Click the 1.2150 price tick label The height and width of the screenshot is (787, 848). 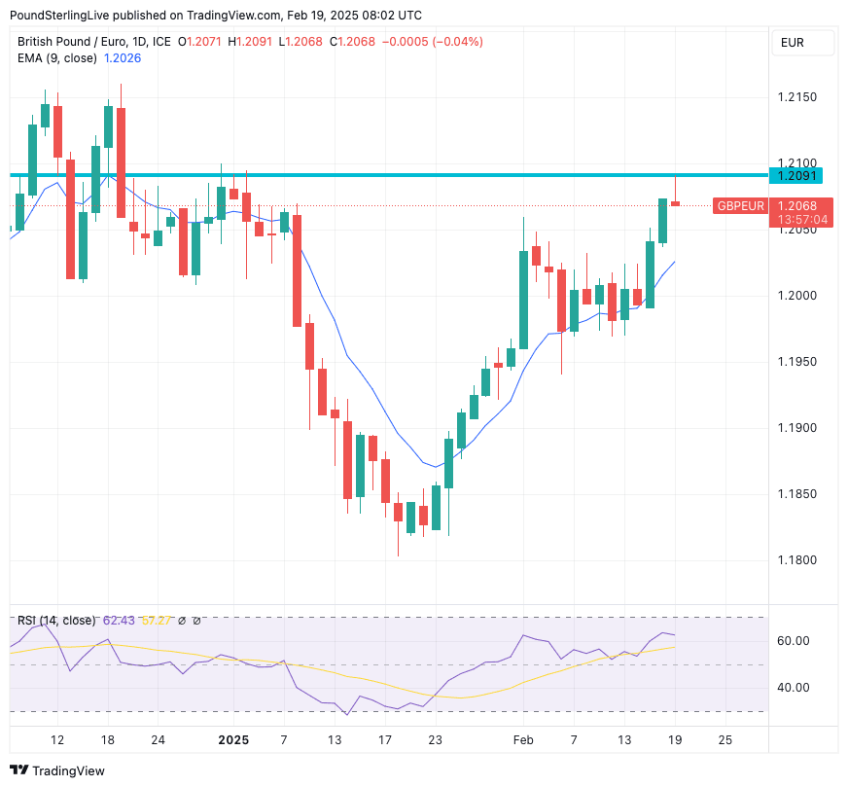[x=797, y=97]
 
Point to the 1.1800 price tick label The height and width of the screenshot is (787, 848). [x=797, y=560]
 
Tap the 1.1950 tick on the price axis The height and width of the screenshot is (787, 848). [x=797, y=362]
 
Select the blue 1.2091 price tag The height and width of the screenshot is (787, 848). [x=797, y=176]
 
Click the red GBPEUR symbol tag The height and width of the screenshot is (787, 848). [x=740, y=206]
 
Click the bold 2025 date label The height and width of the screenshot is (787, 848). [x=233, y=740]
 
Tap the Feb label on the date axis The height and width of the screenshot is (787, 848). [x=523, y=740]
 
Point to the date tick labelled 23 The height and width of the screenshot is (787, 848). [x=435, y=740]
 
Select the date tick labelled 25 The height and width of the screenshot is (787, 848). [x=724, y=740]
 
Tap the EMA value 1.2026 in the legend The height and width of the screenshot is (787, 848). [x=124, y=58]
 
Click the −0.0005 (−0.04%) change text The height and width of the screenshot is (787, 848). [x=432, y=42]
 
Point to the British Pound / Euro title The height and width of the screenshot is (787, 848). [x=80, y=42]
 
